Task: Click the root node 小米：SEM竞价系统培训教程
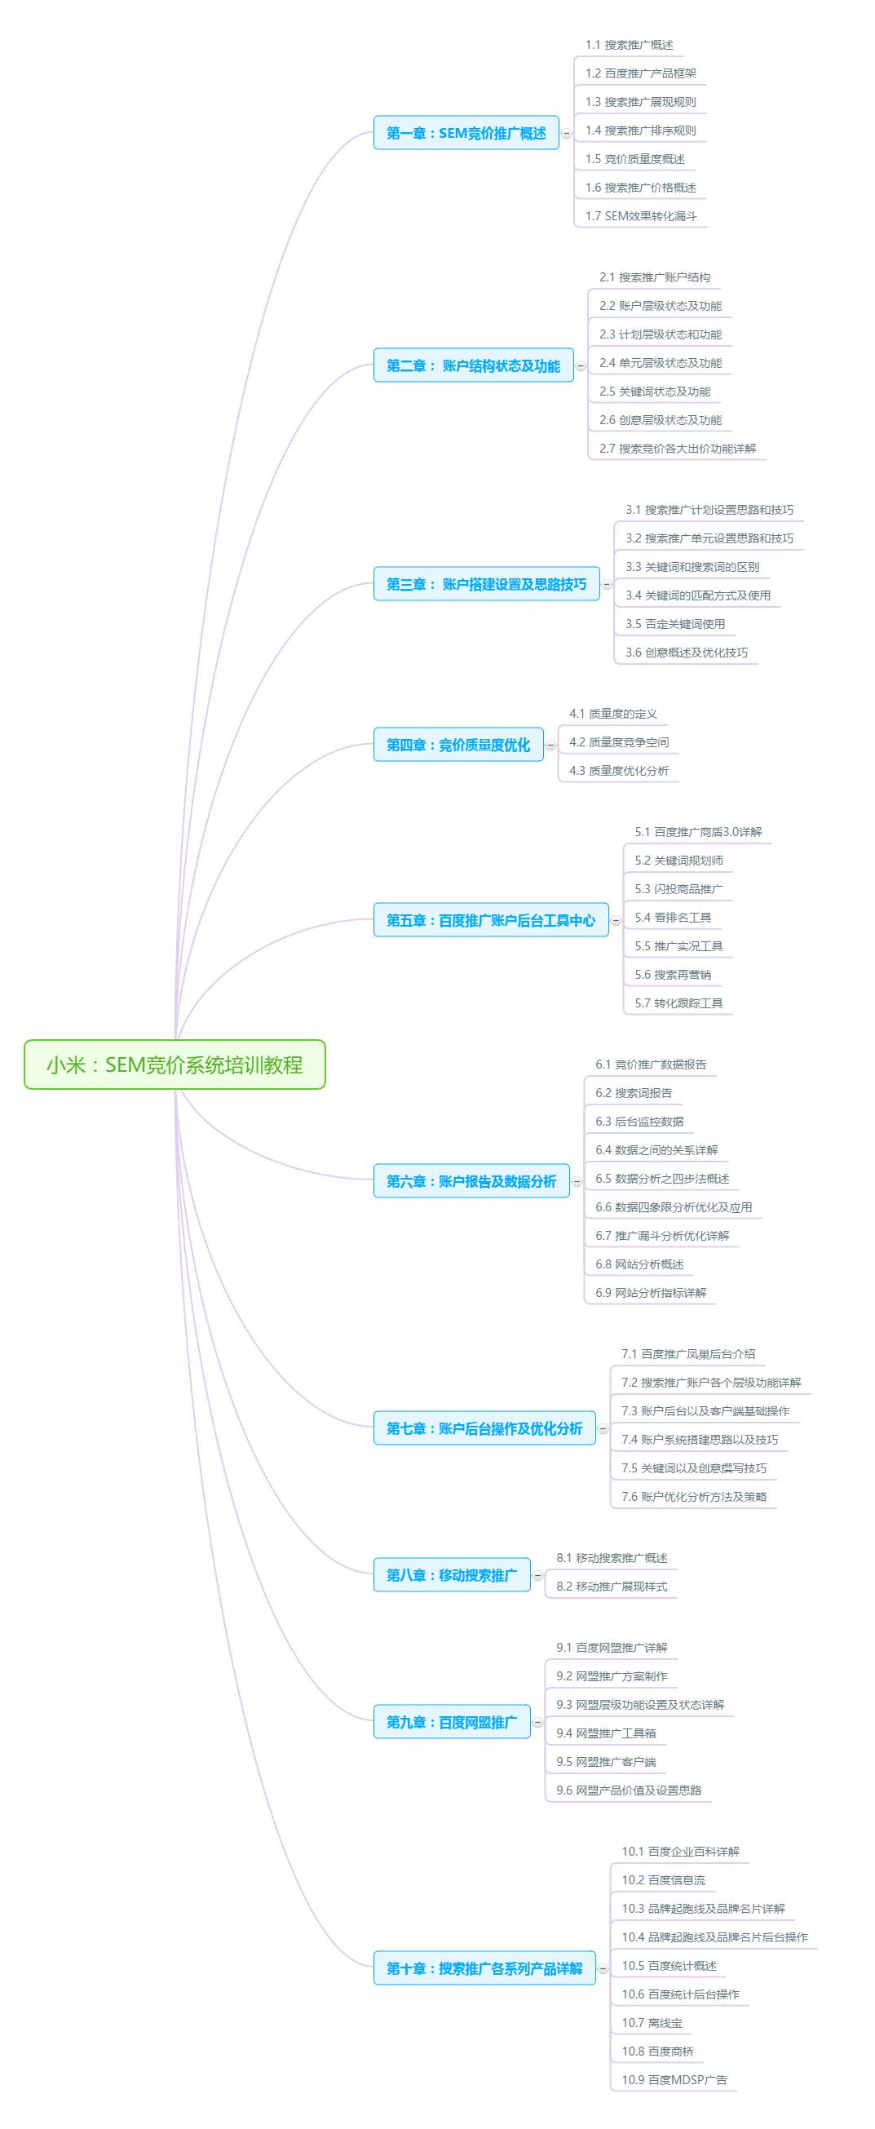175,1064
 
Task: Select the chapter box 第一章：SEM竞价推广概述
466,133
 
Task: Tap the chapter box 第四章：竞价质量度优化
458,745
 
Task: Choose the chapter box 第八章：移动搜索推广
452,1575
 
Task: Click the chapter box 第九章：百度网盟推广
452,1723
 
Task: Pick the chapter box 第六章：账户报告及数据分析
472,1181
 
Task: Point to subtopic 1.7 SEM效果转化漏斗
641,216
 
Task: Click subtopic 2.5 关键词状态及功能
654,392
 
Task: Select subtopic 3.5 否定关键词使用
675,624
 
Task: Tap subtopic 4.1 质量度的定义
613,714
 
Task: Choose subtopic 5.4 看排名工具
673,918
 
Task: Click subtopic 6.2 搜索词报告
634,1093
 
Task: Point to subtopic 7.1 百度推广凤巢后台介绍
688,1354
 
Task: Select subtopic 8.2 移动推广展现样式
612,1587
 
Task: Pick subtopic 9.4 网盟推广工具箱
606,1733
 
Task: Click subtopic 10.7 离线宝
652,2023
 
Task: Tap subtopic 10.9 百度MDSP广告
674,2080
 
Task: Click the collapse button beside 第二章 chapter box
581,365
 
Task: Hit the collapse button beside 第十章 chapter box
603,1968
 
